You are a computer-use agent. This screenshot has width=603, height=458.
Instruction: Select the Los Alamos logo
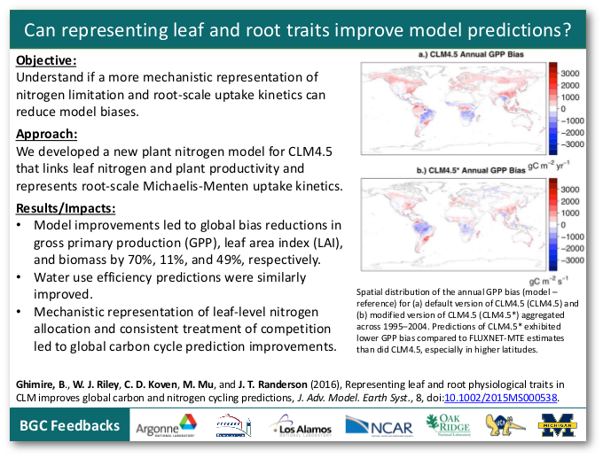tap(302, 429)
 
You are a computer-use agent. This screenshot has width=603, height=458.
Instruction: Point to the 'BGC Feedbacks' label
tap(69, 427)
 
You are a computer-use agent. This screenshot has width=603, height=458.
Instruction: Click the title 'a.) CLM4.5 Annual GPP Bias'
tap(463, 56)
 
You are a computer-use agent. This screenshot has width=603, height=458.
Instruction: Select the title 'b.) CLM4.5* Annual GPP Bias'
tap(461, 170)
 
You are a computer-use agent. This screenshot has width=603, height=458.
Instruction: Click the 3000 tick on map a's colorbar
tap(569, 73)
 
